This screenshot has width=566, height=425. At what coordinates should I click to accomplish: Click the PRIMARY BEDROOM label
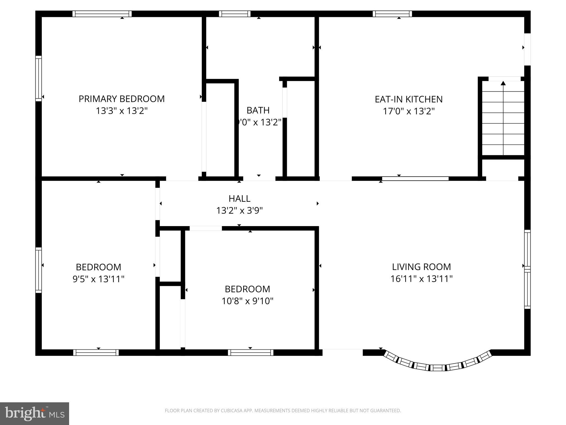tap(122, 99)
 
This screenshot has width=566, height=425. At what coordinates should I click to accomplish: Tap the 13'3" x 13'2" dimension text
tap(122, 111)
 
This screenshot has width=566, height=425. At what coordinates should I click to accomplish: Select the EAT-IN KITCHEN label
tap(408, 99)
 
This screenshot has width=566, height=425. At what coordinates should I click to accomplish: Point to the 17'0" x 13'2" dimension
tap(408, 111)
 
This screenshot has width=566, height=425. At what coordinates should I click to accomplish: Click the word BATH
tap(258, 110)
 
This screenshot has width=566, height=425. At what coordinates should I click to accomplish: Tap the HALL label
tap(239, 199)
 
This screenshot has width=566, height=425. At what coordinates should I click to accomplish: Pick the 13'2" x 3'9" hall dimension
tap(239, 211)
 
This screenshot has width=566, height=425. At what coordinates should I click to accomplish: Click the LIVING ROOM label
tap(421, 267)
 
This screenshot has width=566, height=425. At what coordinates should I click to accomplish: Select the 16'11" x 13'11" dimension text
tap(421, 279)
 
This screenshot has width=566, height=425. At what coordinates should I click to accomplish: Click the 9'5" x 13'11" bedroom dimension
tap(98, 279)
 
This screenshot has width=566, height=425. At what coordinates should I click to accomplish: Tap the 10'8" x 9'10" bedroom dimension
tap(247, 301)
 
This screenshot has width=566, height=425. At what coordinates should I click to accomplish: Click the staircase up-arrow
tap(503, 83)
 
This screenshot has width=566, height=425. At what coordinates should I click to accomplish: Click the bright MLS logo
tap(34, 414)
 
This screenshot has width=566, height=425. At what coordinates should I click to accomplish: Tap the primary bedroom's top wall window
tap(102, 14)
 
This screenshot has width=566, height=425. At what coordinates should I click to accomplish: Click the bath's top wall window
tap(235, 14)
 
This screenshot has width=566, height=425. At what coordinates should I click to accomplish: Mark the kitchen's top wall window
tap(392, 14)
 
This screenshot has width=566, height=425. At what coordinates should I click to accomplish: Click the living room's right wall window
tap(527, 269)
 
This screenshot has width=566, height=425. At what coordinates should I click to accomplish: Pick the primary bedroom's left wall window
tap(38, 78)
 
